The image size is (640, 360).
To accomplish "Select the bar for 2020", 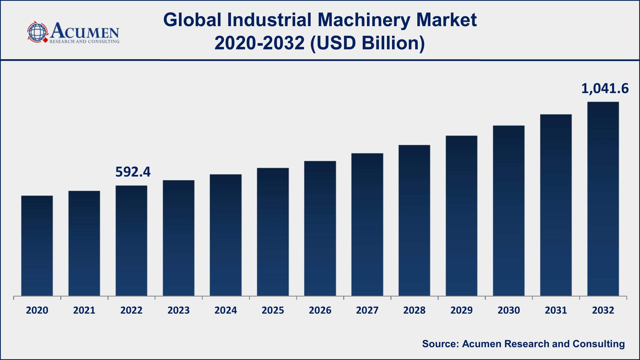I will click(37, 246).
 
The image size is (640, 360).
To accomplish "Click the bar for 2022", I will click(131, 241).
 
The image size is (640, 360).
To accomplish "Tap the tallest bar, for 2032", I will click(603, 199).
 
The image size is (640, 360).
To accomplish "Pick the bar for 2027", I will click(367, 224).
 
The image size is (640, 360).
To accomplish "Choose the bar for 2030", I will click(509, 210).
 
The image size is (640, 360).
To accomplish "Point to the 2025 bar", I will click(273, 232).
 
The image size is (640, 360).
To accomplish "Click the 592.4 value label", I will click(133, 172).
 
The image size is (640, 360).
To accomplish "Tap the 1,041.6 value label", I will click(605, 89).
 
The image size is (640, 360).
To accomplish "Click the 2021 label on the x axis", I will click(84, 310).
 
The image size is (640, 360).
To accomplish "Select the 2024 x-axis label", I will click(226, 310).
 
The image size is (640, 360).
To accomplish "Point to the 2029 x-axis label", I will click(461, 310).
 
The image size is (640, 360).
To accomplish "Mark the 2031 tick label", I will click(556, 310).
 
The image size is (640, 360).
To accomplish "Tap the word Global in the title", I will click(192, 20).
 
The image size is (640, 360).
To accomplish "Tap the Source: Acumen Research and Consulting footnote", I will click(523, 344).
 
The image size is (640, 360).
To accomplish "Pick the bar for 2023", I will click(178, 238).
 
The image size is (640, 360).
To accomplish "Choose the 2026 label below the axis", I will click(320, 310).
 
